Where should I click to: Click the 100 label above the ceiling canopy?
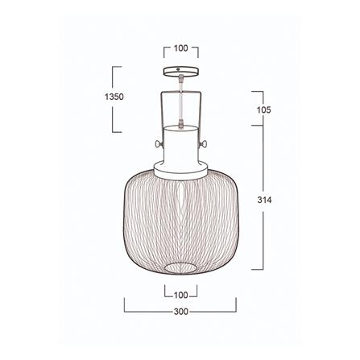click(x=180, y=48)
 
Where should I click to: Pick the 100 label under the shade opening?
click(x=180, y=295)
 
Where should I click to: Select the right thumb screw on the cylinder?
click(x=206, y=144)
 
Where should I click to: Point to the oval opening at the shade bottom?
click(x=180, y=267)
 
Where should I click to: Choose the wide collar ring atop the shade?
click(x=180, y=169)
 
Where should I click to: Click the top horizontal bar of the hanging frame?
click(x=180, y=91)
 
